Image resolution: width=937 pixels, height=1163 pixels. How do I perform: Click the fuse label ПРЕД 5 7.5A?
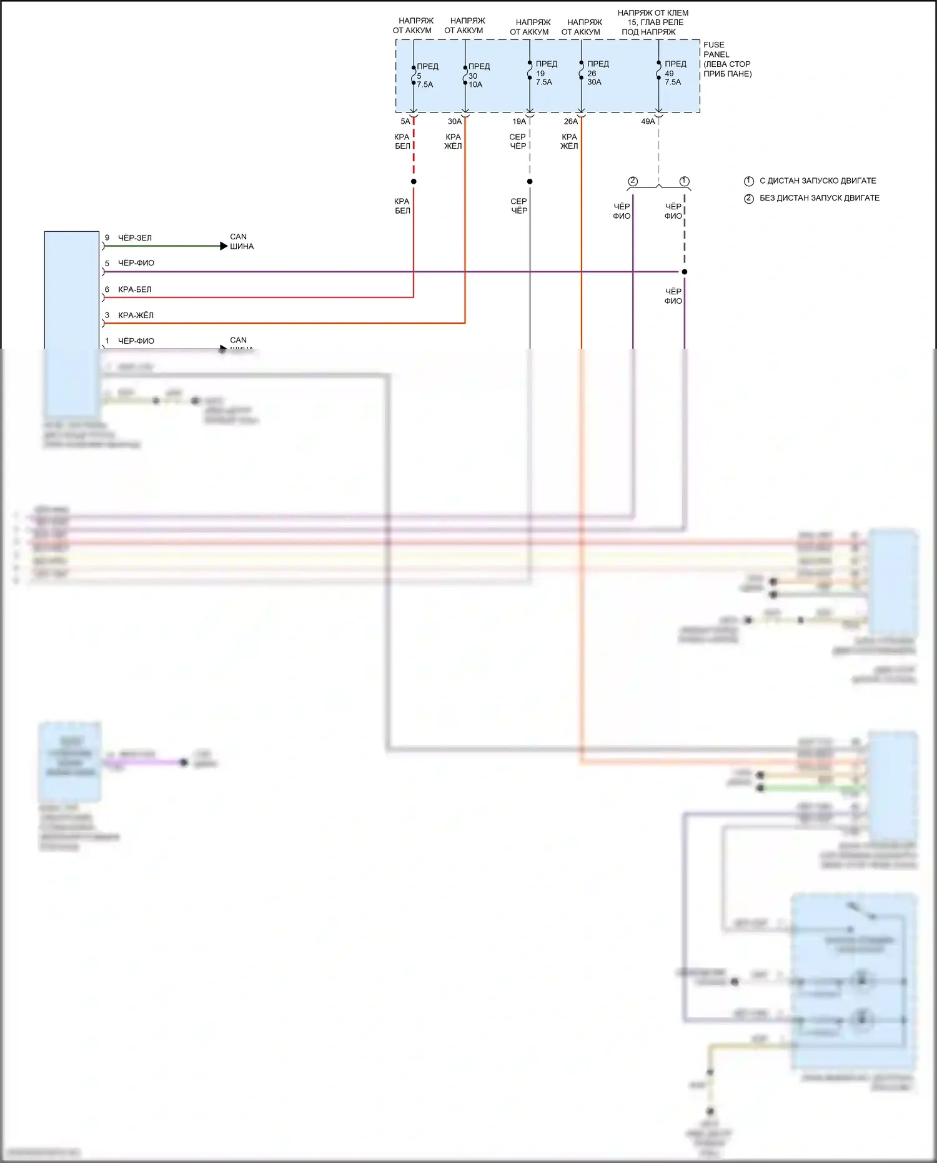point(427,75)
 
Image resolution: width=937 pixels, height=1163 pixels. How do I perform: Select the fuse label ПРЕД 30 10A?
point(478,75)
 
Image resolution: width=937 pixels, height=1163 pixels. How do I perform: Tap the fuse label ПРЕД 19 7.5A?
point(545,72)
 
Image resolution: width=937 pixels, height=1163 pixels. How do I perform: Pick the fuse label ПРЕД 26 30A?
point(597,72)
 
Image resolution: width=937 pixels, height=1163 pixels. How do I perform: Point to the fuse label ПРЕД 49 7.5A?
point(675,72)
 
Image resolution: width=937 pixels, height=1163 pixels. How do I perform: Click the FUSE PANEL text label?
point(727,59)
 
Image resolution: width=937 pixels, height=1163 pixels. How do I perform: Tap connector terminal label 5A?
point(405,121)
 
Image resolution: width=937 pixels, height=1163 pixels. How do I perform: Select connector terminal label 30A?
point(454,121)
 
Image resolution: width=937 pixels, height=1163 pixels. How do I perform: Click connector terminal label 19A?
point(519,121)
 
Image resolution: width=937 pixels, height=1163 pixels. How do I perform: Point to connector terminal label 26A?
point(570,121)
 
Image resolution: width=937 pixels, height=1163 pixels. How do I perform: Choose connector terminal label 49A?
point(648,121)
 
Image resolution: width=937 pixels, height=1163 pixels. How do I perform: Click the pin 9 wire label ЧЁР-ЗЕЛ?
point(135,238)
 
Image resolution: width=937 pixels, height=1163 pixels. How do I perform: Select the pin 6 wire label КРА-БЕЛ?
point(135,290)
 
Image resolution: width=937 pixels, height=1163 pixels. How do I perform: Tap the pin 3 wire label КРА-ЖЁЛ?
point(136,316)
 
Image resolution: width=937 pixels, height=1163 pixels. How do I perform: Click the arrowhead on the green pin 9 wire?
point(224,246)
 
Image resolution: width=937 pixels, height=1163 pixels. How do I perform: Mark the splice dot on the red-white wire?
point(414,182)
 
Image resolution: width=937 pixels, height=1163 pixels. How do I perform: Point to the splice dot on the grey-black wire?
point(530,182)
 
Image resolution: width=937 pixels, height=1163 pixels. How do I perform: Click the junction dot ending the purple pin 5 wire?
point(685,272)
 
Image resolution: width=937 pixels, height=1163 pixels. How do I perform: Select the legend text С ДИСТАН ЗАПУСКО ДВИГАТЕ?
point(817,181)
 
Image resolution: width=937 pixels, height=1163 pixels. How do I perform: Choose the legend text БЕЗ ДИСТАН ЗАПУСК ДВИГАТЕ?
point(819,198)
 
